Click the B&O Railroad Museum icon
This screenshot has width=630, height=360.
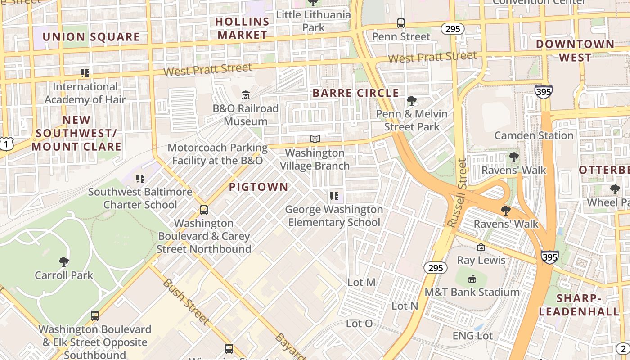point(246,95)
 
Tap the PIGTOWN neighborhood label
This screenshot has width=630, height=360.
point(258,187)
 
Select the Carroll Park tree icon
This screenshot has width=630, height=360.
point(63,261)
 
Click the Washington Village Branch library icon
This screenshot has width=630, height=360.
point(315,139)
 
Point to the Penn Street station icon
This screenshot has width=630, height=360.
point(400,23)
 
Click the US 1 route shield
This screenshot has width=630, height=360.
point(5,144)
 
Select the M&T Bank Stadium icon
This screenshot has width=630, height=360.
point(472,279)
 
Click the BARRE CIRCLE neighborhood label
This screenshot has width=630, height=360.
point(355,93)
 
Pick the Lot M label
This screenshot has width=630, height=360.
point(361,282)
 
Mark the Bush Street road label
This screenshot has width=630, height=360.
point(185,301)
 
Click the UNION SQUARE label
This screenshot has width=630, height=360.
point(91,37)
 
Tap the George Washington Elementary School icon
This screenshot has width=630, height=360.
point(334,196)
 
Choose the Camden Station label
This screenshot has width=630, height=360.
point(534,135)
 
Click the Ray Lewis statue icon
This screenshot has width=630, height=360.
point(481,247)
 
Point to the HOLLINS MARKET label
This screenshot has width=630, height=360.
point(242,28)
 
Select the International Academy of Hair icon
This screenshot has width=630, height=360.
point(85,73)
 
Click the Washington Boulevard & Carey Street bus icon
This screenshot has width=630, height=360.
point(203,210)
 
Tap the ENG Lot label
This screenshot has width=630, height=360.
point(472,336)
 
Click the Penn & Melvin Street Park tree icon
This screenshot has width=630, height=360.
point(411,100)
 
